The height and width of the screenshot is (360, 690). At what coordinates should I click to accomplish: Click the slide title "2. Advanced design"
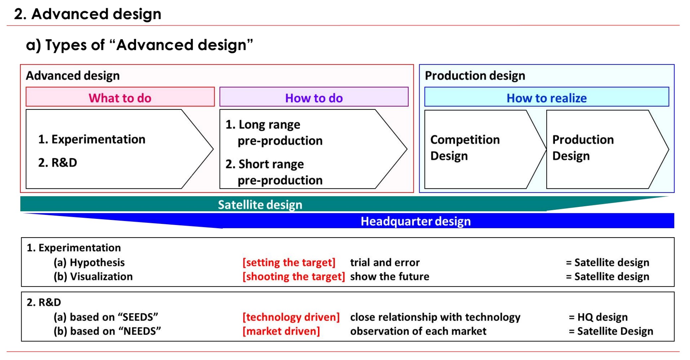pyautogui.click(x=87, y=14)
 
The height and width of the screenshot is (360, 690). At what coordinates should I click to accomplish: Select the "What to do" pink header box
pyautogui.click(x=120, y=97)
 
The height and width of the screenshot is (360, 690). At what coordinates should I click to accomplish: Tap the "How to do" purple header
pyautogui.click(x=314, y=97)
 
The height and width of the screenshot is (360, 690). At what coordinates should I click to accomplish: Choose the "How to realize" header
pyautogui.click(x=547, y=97)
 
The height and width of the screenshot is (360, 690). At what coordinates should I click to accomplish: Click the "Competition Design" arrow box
pyautogui.click(x=479, y=149)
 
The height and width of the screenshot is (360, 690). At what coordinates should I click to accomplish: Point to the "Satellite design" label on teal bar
pyautogui.click(x=260, y=205)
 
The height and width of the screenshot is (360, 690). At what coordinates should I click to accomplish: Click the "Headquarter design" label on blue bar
pyautogui.click(x=416, y=221)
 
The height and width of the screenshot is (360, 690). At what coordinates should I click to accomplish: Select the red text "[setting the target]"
pyautogui.click(x=289, y=263)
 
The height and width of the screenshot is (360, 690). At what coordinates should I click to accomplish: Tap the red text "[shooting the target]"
pyautogui.click(x=294, y=276)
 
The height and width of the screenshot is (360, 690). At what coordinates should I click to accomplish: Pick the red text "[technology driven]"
pyautogui.click(x=291, y=317)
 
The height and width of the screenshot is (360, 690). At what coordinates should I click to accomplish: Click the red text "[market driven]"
pyautogui.click(x=281, y=331)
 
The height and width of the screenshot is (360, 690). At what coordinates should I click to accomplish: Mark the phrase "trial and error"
pyautogui.click(x=385, y=263)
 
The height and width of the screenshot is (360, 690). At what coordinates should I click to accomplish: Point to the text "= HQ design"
pyautogui.click(x=598, y=317)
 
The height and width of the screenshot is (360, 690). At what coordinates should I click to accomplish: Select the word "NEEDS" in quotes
pyautogui.click(x=140, y=331)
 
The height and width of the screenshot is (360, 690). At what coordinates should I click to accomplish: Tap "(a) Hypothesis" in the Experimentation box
pyautogui.click(x=89, y=263)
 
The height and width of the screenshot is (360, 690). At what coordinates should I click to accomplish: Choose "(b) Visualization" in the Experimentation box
pyautogui.click(x=93, y=276)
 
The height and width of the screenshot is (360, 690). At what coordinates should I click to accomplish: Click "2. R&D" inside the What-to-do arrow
pyautogui.click(x=58, y=162)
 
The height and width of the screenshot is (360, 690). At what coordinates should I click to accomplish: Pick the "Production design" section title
pyautogui.click(x=475, y=76)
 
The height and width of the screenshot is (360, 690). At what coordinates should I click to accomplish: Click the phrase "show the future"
pyautogui.click(x=390, y=276)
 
